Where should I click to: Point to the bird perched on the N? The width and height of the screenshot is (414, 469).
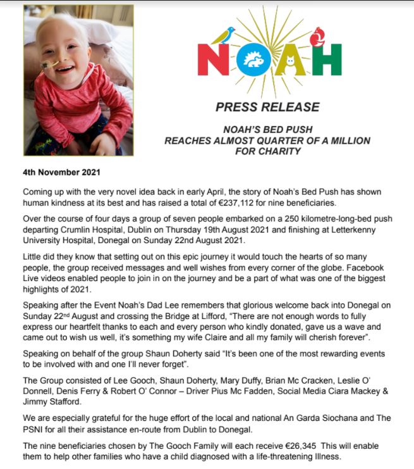pyautogui.click(x=222, y=35)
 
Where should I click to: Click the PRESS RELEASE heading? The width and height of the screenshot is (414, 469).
pyautogui.click(x=267, y=107)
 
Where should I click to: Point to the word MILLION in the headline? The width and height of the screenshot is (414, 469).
pyautogui.click(x=344, y=140)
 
